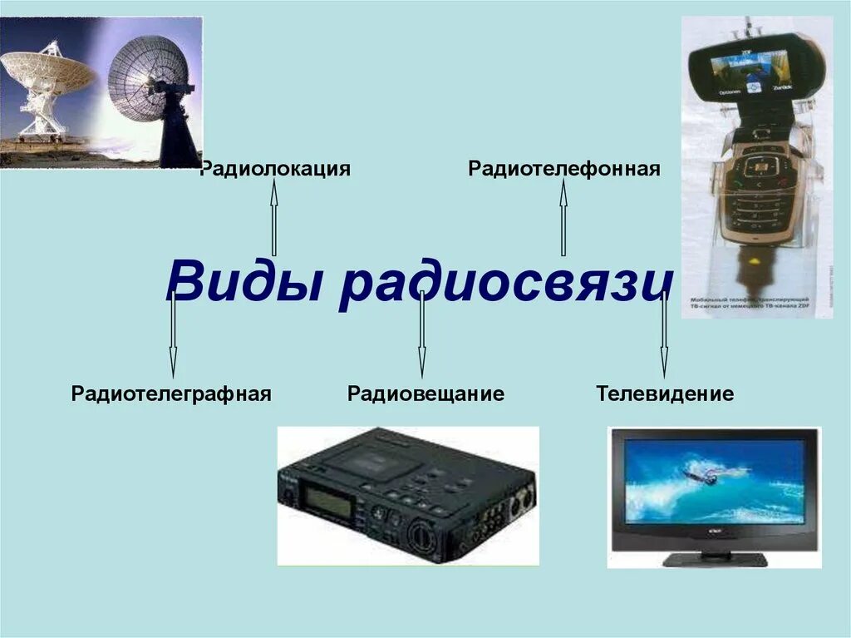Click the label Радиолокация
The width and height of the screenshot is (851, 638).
point(276,170)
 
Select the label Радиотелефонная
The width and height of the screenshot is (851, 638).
point(564,170)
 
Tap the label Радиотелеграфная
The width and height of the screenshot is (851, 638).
point(172,393)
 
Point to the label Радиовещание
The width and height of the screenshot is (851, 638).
point(425,393)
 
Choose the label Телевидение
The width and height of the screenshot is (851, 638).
point(665,393)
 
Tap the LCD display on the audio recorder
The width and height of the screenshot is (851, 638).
point(329,501)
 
